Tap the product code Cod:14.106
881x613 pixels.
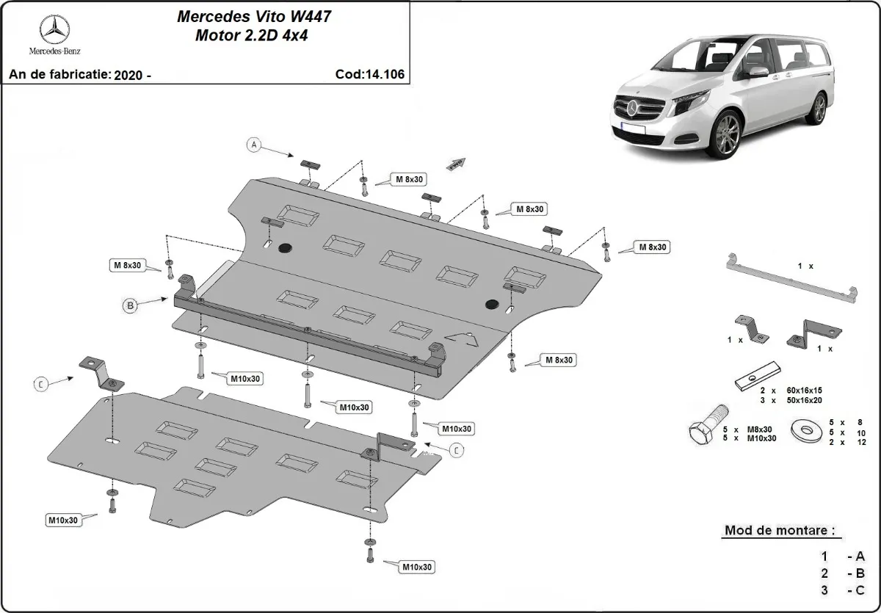tap(369, 74)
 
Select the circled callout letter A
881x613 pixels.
tap(254, 145)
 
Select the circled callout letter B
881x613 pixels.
tap(130, 306)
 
